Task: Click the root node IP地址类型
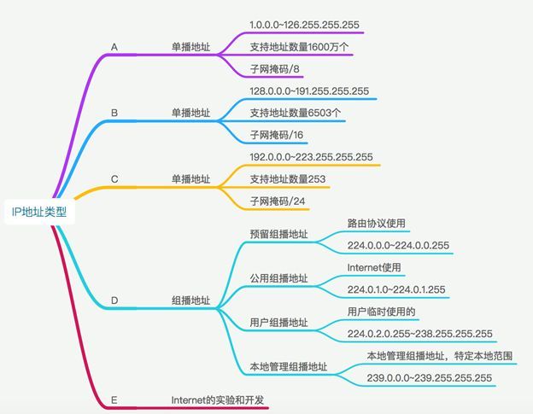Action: (39, 212)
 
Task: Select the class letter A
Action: (114, 47)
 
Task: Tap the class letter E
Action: (114, 400)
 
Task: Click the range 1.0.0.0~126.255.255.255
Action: (304, 25)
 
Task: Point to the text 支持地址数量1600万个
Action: (299, 47)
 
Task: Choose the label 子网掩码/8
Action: (275, 69)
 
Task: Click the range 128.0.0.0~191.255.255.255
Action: (309, 91)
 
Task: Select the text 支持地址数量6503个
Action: (296, 113)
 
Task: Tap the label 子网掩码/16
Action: (277, 135)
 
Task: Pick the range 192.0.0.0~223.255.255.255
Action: (311, 157)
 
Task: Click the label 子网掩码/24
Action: (278, 201)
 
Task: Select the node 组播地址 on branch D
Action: (190, 300)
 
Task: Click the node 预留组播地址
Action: (278, 234)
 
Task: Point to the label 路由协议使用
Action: (377, 223)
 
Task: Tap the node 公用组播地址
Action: (278, 278)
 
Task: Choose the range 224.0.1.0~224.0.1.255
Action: (396, 289)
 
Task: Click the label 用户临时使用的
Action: (381, 312)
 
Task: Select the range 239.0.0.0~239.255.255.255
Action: (430, 377)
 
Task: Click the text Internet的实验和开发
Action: (218, 400)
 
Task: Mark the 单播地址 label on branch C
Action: (190, 179)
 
